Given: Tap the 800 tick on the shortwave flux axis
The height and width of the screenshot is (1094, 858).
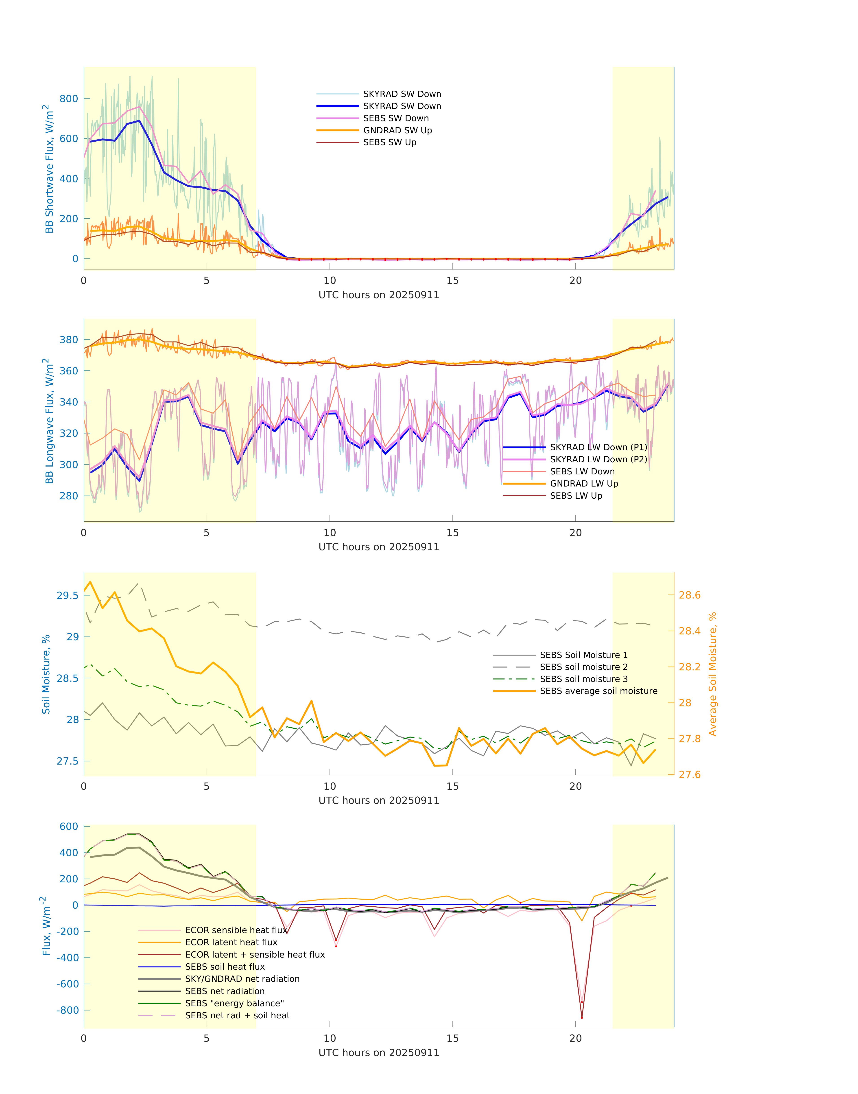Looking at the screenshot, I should click(69, 99).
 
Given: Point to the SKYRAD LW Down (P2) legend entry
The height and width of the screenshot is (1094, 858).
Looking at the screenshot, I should click(598, 459).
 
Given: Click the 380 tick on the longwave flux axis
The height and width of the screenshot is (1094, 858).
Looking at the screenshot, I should click(69, 340).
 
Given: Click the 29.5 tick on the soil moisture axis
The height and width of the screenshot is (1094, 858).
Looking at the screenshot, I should click(67, 596).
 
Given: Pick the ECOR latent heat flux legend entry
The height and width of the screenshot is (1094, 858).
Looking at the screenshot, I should click(231, 942).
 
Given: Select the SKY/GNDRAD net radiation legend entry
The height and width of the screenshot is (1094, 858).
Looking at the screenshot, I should click(242, 979).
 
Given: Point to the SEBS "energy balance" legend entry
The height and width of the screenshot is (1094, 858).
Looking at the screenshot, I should click(234, 1004).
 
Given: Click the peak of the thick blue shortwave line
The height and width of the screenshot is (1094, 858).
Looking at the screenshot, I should click(139, 121).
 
